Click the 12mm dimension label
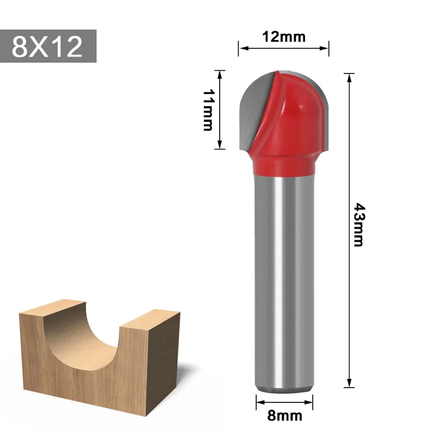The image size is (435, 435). click(x=283, y=37)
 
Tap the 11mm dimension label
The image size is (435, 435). click(x=207, y=110)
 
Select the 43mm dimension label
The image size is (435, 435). click(x=358, y=225)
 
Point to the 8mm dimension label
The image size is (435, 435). click(x=285, y=417)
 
